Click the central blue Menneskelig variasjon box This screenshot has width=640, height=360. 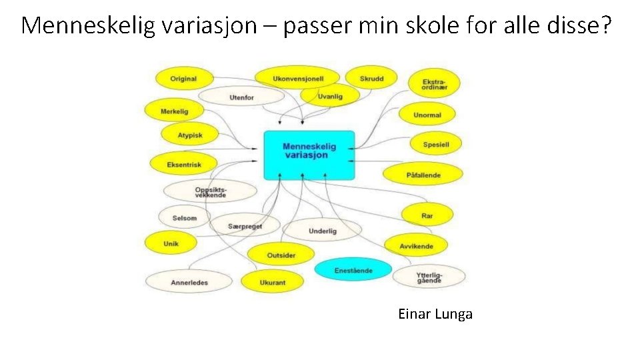coord(309,154)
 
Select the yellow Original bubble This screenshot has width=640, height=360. coord(183,79)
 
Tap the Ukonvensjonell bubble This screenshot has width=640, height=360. coord(298,79)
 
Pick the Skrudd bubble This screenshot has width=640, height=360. coord(371,79)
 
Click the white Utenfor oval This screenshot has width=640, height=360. coord(241,97)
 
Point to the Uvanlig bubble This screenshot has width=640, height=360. coord(330,96)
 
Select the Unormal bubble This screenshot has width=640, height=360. coord(427,115)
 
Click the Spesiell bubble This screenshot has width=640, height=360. coord(436,144)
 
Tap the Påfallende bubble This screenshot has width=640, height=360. coord(423,175)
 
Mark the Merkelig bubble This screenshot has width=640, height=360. coord(175,111)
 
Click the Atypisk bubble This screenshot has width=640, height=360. coord(190,135)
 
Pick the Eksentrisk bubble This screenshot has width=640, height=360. coord(184,164)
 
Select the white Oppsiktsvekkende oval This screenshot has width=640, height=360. coord(211,192)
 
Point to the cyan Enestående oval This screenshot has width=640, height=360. coord(353,270)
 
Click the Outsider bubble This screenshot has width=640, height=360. coord(281,255)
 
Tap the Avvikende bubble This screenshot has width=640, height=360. coord(416,246)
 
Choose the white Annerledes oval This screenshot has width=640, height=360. coord(189,282)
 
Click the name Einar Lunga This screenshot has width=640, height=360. coord(435,314)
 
